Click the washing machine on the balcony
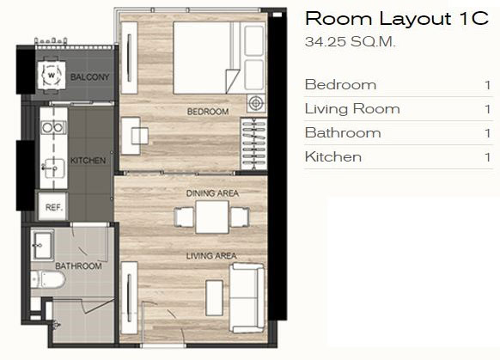[52, 76]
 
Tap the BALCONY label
[89, 76]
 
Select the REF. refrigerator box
[53, 206]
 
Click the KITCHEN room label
[88, 161]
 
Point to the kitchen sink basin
[53, 168]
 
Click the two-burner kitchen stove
[53, 127]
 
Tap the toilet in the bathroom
[48, 279]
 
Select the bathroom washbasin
[42, 246]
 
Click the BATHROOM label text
[78, 266]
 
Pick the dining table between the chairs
[212, 217]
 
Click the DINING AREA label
[212, 193]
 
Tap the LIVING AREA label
[211, 256]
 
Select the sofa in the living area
[247, 298]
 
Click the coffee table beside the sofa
[214, 298]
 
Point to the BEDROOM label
[208, 112]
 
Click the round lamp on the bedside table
[256, 103]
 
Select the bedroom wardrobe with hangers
[253, 143]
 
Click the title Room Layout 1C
[397, 18]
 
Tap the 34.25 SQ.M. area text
[351, 41]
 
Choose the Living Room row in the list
[398, 109]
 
